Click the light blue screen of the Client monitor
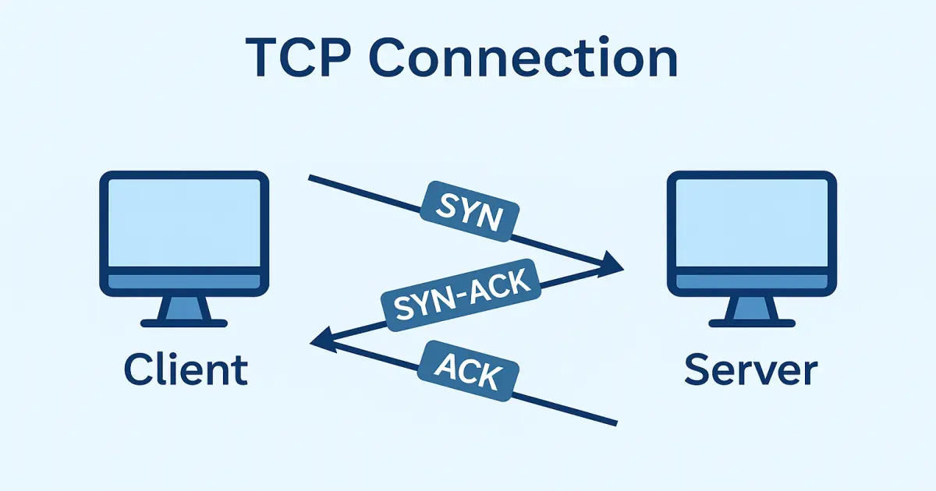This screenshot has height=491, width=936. tap(184, 222)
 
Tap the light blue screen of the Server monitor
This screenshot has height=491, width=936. tap(751, 222)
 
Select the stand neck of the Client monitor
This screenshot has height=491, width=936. tap(185, 308)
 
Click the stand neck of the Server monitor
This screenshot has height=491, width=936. tap(752, 308)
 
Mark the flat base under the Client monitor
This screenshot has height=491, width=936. tap(185, 323)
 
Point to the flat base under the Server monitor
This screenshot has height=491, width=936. tap(752, 323)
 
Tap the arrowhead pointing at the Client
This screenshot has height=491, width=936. tap(320, 341)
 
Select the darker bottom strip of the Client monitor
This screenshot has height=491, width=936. tap(184, 281)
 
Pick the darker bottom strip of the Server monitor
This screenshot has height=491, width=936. tap(751, 281)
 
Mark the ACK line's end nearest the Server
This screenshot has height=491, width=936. tap(615, 423)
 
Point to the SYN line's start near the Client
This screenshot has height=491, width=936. tap(312, 178)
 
